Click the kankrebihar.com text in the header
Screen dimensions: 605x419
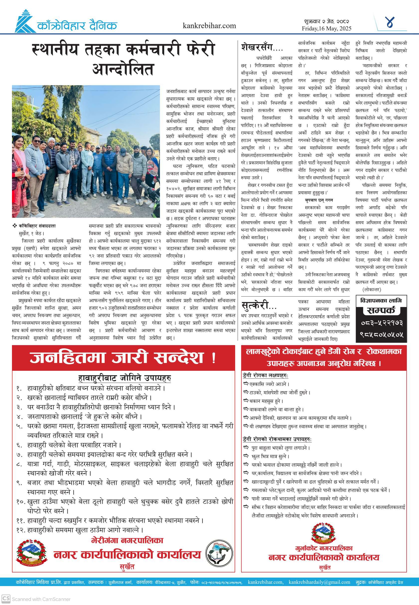click(x=209, y=26)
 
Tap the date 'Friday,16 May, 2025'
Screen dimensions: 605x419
click(x=326, y=29)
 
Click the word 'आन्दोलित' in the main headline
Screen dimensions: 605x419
click(x=123, y=69)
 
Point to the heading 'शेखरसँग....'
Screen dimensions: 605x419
click(x=262, y=48)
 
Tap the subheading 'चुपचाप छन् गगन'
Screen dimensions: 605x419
click(x=319, y=200)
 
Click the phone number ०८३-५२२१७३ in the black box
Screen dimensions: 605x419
click(x=381, y=323)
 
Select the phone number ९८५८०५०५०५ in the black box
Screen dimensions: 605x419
click(x=381, y=335)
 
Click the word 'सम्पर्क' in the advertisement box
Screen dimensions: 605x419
click(x=381, y=310)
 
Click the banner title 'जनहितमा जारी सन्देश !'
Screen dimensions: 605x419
click(x=123, y=358)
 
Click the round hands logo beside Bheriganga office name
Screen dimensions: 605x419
click(x=219, y=553)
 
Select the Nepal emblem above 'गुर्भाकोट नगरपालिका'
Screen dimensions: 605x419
click(x=323, y=533)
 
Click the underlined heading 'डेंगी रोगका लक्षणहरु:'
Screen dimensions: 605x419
click(x=265, y=376)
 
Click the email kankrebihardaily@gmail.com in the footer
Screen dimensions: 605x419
click(x=319, y=582)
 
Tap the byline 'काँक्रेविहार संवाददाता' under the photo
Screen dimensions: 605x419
click(x=37, y=226)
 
